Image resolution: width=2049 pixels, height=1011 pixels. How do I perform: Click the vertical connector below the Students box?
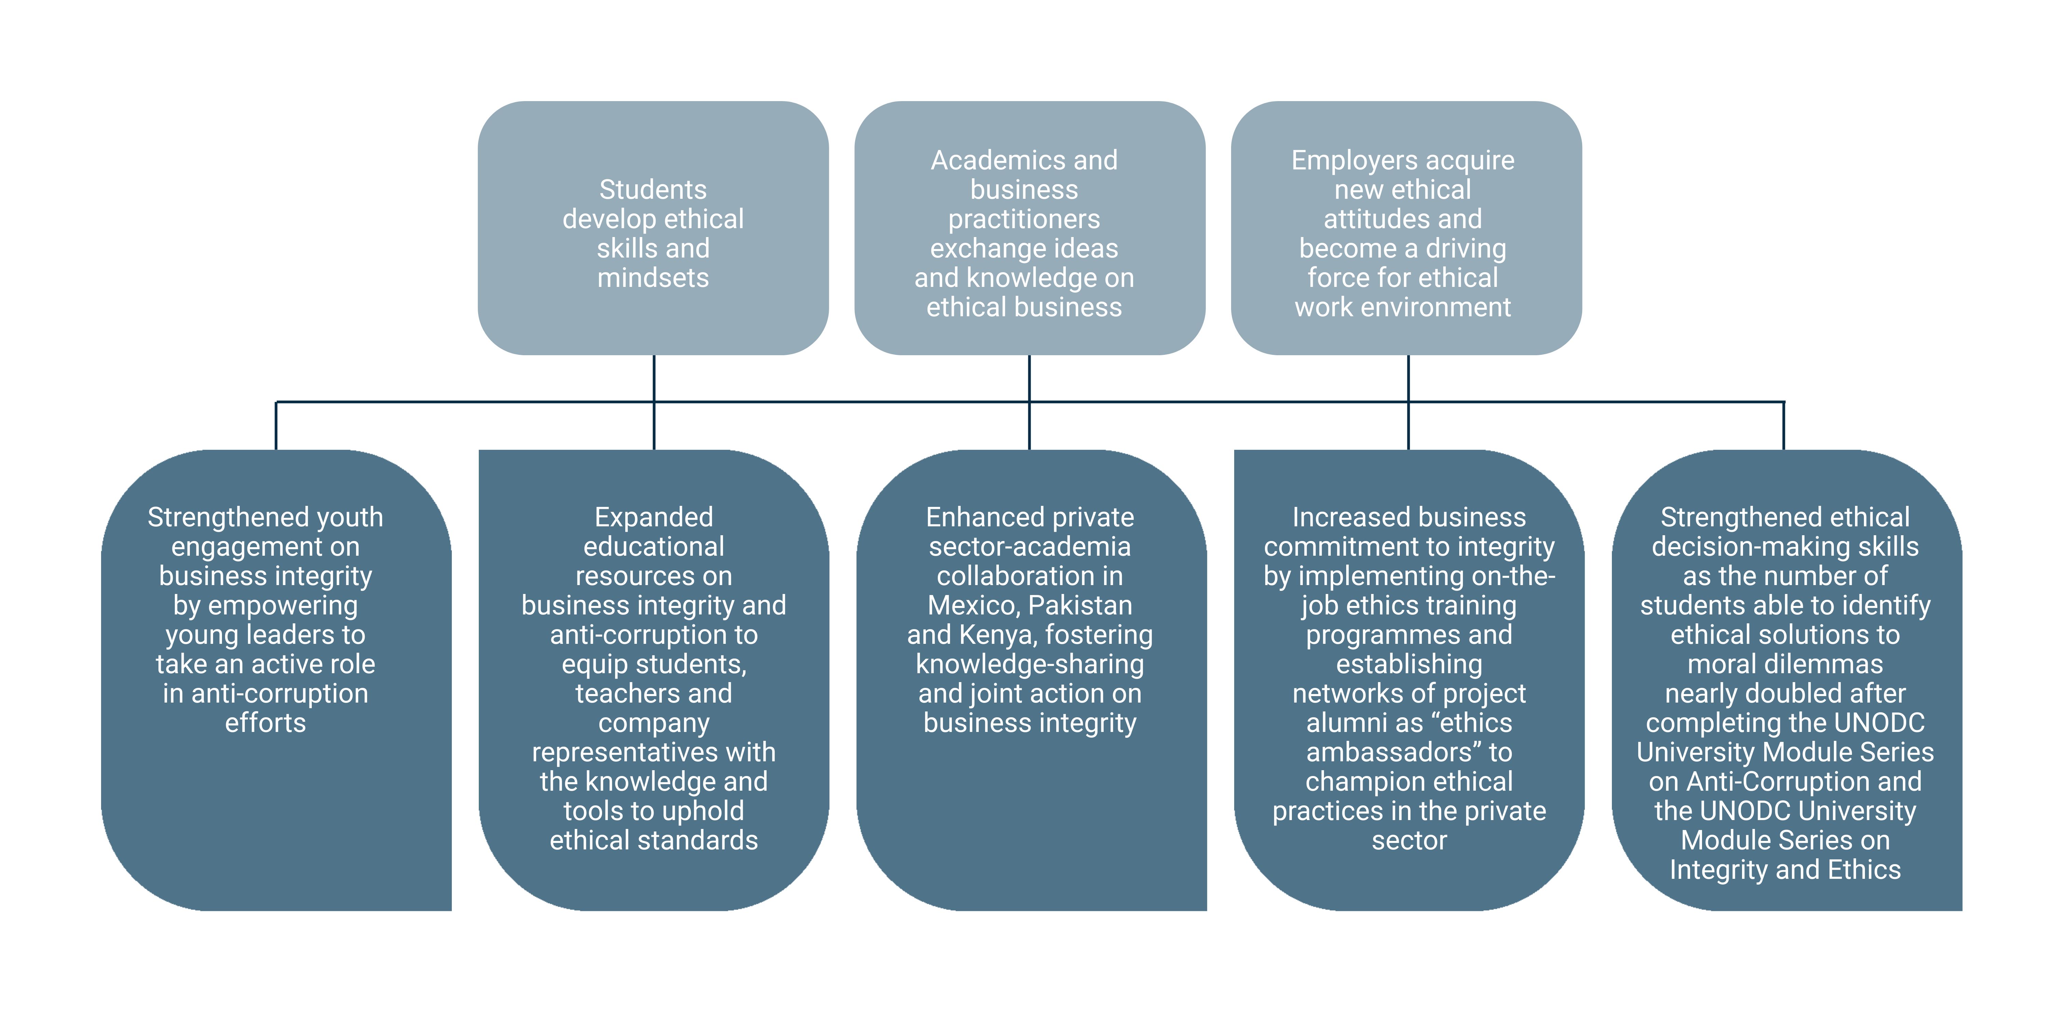pyautogui.click(x=654, y=378)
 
